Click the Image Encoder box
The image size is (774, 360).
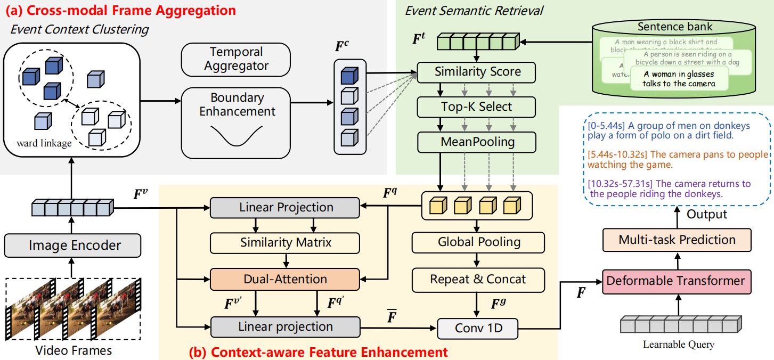72,246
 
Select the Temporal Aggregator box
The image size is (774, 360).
236,59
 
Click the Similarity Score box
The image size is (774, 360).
476,72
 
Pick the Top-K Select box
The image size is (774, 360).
476,107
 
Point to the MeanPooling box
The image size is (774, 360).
476,142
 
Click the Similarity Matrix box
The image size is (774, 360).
286,243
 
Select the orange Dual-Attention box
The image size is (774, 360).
286,279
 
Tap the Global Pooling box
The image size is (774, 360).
478,242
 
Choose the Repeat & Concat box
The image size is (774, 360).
478,279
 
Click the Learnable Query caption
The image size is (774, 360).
678,345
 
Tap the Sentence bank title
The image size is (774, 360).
675,27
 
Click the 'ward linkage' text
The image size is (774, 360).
44,143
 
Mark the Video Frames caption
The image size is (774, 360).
74,350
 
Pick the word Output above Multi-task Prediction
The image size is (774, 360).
706,214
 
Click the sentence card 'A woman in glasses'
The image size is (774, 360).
679,79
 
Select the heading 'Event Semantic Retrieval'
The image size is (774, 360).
473,10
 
